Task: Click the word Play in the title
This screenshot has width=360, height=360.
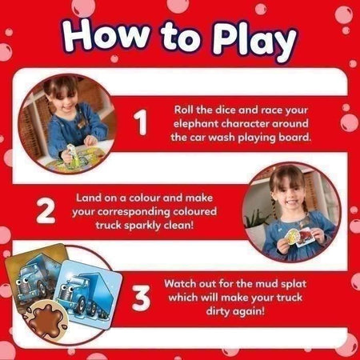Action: [x=254, y=42]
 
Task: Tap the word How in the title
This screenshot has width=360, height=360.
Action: [x=106, y=36]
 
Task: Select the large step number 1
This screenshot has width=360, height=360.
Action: [x=140, y=122]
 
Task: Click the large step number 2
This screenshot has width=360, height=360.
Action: [x=46, y=210]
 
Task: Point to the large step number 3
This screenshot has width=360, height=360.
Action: [x=141, y=298]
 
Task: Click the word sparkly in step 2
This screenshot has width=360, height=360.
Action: [x=142, y=226]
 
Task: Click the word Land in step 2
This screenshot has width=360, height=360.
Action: [x=86, y=198]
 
